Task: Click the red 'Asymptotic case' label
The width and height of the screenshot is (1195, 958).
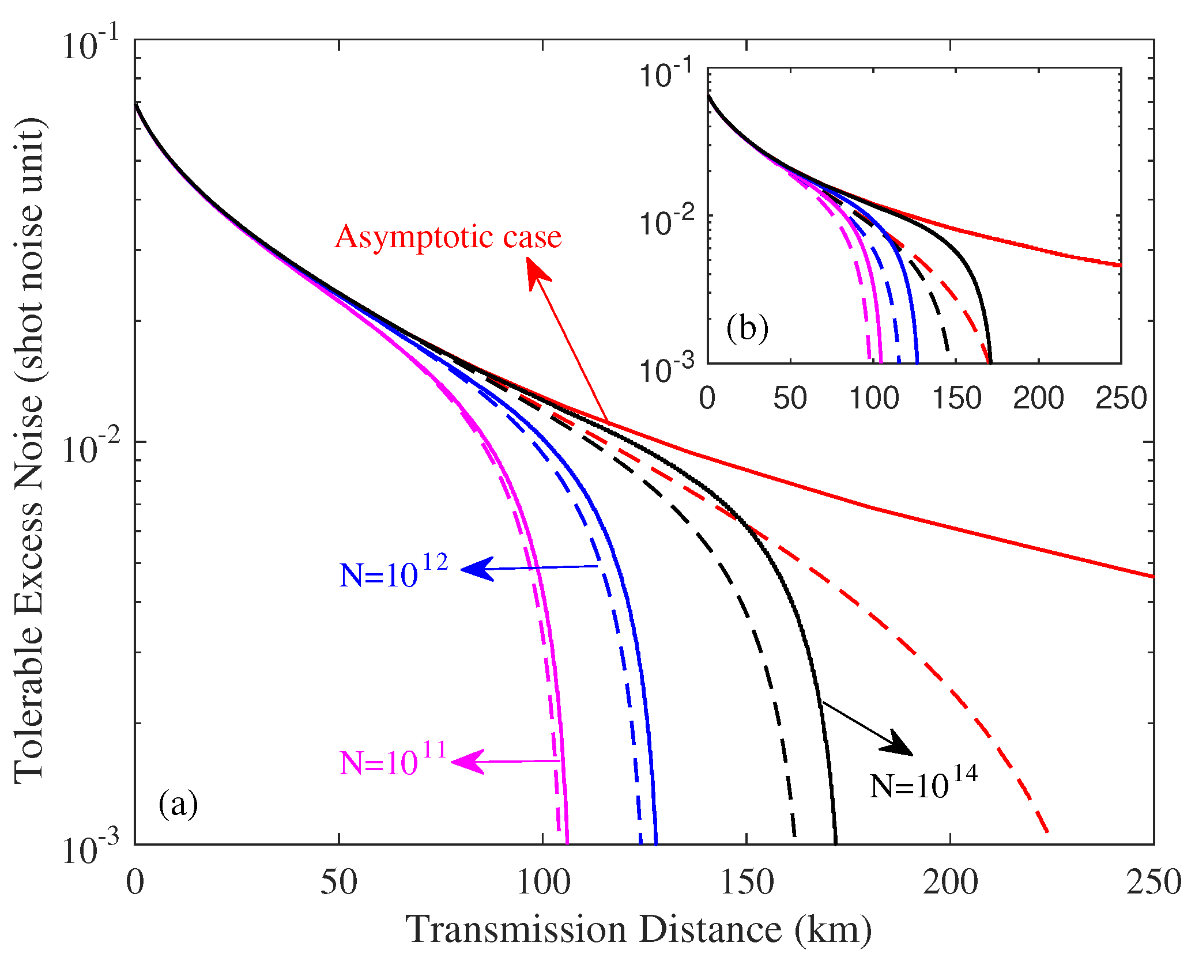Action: click(448, 237)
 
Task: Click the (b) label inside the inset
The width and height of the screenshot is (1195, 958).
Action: click(747, 328)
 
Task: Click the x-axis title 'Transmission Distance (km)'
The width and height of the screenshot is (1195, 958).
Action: click(638, 929)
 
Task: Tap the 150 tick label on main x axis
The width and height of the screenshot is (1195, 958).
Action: click(747, 882)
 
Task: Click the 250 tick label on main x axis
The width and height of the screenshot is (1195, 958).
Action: click(1153, 882)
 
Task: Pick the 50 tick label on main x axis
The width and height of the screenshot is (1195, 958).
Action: click(339, 882)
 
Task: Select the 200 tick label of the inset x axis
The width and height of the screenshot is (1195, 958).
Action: click(1038, 398)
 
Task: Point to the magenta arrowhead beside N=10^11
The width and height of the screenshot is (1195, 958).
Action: click(467, 762)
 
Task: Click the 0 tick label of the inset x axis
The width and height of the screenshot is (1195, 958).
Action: click(707, 398)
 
